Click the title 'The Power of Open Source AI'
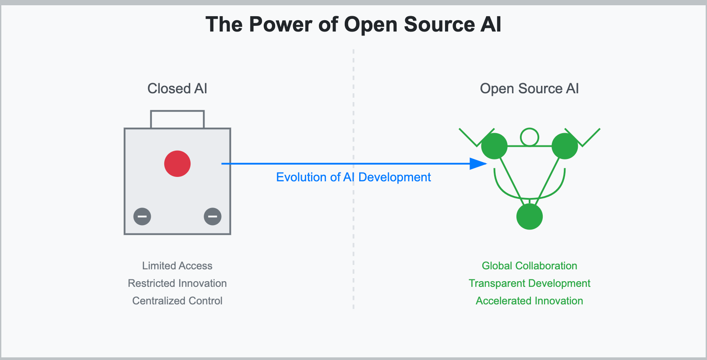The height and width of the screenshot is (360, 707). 353,25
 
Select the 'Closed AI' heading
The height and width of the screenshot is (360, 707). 177,88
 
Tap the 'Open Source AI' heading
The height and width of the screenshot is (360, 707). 529,88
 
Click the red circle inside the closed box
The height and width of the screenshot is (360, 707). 177,164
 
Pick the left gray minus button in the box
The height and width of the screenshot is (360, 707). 142,216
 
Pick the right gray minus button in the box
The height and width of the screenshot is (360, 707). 212,216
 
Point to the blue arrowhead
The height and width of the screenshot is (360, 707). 477,164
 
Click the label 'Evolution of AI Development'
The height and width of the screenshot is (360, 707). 353,177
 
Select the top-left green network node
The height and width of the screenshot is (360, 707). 494,146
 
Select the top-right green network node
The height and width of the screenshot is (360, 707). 565,146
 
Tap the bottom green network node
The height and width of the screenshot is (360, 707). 530,217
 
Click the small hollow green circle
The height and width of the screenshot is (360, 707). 530,137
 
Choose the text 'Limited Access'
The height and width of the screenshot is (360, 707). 177,266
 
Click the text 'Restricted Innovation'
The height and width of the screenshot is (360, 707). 177,283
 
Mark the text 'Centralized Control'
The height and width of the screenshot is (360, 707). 177,301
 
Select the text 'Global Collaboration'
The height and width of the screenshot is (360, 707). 529,266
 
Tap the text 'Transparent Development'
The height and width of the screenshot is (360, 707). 529,283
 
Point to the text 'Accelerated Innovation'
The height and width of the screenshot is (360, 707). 529,301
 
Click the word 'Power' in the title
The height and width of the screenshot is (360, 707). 280,25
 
